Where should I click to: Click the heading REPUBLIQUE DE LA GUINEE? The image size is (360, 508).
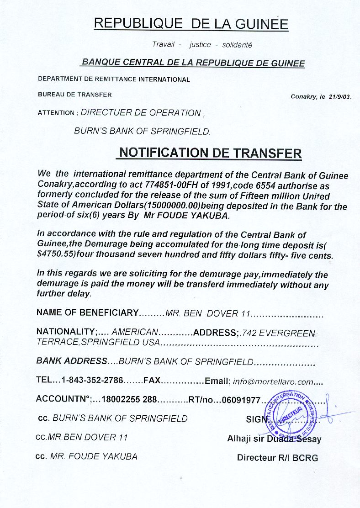191,23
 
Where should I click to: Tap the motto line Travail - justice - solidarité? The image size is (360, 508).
202,45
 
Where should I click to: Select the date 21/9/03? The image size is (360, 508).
340,97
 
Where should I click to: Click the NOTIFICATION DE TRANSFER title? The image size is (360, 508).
209,153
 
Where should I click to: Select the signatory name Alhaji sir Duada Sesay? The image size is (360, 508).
274,439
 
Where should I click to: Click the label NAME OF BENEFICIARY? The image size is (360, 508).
87,313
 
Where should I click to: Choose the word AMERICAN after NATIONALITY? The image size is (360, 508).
135,332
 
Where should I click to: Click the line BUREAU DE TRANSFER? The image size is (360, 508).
75,95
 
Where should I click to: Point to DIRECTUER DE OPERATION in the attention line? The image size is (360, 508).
140,113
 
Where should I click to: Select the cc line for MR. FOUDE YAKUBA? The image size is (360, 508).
87,456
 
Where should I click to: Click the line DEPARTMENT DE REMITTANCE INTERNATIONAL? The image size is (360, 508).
114,79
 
